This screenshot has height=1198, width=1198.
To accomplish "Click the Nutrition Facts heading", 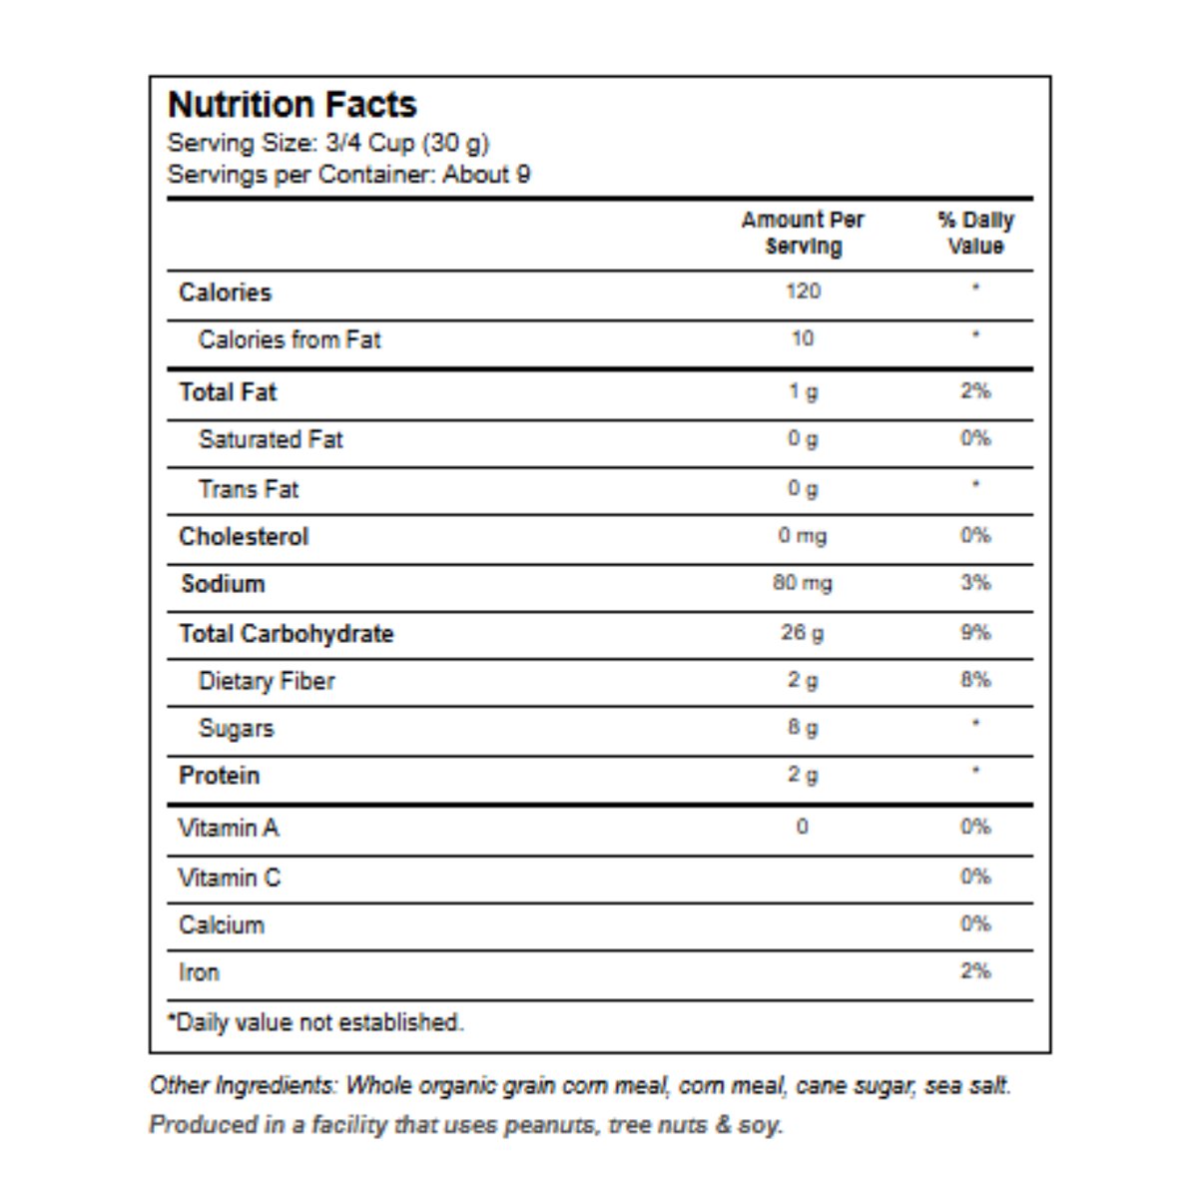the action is [x=293, y=105].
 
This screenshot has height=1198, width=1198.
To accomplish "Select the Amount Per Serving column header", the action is [x=803, y=234].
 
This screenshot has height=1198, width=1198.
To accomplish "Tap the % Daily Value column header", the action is [x=975, y=234].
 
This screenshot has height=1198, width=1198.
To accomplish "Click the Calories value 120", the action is [x=804, y=291].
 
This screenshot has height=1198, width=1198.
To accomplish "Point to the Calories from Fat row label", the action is [x=290, y=339].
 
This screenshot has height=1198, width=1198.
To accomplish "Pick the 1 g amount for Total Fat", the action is [x=804, y=391].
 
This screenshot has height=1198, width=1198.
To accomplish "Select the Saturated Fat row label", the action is [x=271, y=439].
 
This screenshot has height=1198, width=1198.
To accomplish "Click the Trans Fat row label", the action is [x=249, y=489].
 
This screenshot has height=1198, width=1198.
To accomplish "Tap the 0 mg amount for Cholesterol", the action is [x=803, y=536].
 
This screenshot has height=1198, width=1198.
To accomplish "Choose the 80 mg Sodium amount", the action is [x=803, y=583].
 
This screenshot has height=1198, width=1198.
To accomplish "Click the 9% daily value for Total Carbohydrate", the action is [x=975, y=632].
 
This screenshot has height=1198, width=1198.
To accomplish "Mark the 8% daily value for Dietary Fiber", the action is [x=975, y=680].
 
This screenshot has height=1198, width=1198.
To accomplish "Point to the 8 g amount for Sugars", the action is [x=804, y=728].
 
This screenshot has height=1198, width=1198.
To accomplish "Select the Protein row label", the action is [x=219, y=776].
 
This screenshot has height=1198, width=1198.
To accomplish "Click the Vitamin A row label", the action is [x=229, y=828].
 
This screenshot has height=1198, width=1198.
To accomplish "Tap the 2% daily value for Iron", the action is [x=975, y=971].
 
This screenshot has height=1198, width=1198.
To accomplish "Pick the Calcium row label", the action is [x=222, y=925].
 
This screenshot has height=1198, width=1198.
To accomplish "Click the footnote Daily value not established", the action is [x=315, y=1022].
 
